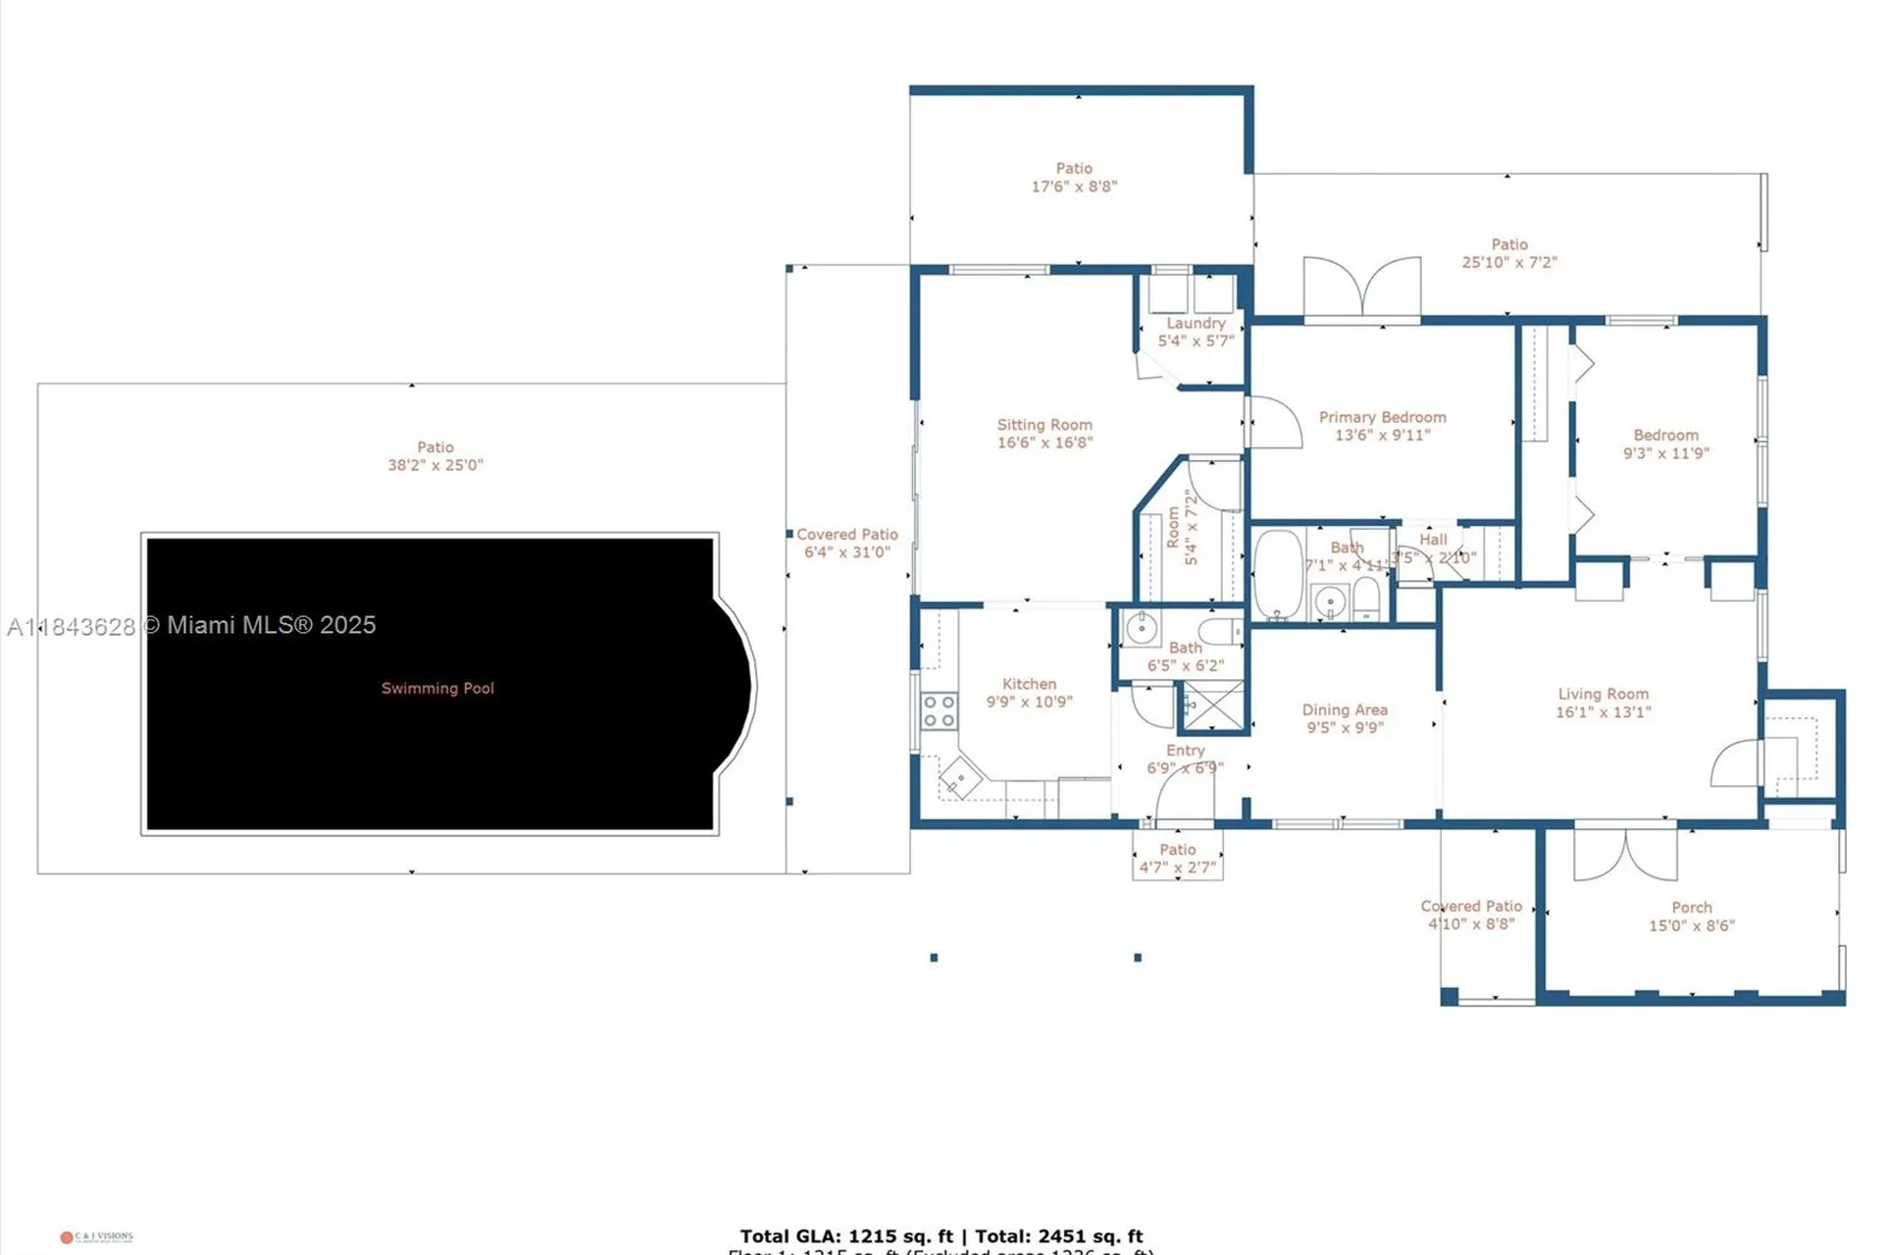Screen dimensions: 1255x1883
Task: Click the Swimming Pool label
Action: pos(437,689)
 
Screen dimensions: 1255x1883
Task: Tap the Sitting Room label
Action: pos(1044,425)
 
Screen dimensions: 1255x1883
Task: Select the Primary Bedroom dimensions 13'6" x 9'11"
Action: pos(1382,435)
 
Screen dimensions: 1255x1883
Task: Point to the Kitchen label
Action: pos(1029,684)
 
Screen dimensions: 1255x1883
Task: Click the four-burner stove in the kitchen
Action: pos(939,711)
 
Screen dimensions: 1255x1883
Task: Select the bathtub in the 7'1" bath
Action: pos(1277,575)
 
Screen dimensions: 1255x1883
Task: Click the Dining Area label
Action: pos(1345,709)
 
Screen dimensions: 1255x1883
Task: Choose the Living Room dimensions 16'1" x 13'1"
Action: pos(1603,712)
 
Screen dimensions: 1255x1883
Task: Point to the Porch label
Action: pos(1692,908)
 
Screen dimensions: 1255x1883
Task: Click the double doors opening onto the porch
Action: pos(1625,854)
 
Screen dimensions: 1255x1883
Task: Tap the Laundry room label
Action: pos(1196,323)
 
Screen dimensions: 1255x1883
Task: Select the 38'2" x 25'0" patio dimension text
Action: pos(435,465)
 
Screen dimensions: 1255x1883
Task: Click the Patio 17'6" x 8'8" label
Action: pos(1074,178)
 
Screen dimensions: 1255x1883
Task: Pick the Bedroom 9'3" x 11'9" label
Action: pos(1665,444)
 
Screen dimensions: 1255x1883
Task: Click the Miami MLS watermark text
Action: pos(191,625)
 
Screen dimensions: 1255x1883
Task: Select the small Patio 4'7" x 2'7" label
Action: pos(1177,859)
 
